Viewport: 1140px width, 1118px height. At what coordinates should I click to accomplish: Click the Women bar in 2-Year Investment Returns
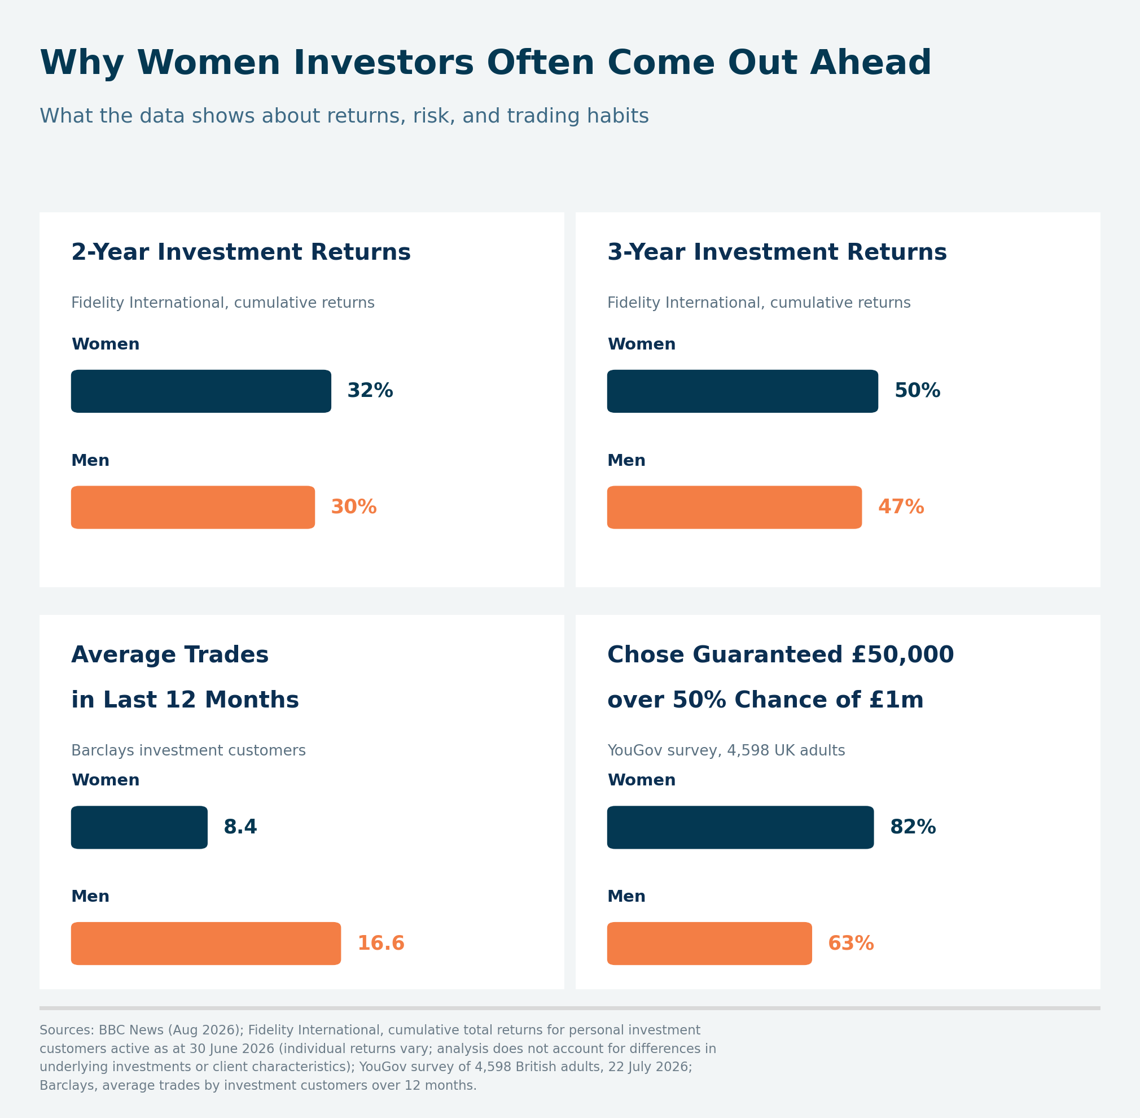click(201, 391)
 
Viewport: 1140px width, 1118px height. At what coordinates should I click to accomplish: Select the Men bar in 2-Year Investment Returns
click(192, 507)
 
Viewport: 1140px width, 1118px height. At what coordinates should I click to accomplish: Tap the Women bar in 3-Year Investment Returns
click(743, 391)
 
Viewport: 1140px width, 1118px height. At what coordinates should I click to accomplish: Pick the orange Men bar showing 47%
click(734, 507)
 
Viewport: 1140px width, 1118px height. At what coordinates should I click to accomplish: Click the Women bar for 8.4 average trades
click(139, 827)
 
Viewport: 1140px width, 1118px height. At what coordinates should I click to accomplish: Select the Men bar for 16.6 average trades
click(206, 944)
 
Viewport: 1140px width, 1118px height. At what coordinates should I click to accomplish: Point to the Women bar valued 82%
click(740, 827)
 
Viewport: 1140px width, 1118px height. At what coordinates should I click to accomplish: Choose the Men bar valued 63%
click(710, 944)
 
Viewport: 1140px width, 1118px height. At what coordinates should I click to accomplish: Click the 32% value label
click(370, 391)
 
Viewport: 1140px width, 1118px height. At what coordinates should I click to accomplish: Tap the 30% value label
click(353, 507)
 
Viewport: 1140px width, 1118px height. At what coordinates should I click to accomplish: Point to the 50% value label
click(917, 391)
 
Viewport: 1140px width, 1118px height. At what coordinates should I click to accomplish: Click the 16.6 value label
click(380, 944)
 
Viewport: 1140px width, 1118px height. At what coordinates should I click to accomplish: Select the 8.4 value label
click(240, 827)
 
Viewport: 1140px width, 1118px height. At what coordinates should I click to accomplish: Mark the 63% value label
click(850, 944)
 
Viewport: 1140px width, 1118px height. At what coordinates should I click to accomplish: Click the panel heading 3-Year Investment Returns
click(777, 252)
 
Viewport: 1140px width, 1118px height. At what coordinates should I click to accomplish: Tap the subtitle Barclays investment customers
click(188, 751)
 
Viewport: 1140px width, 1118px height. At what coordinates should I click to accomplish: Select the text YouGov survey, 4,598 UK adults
click(726, 751)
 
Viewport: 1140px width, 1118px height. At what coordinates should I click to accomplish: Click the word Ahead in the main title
click(870, 63)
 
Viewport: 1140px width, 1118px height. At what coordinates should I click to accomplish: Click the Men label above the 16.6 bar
click(90, 897)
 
